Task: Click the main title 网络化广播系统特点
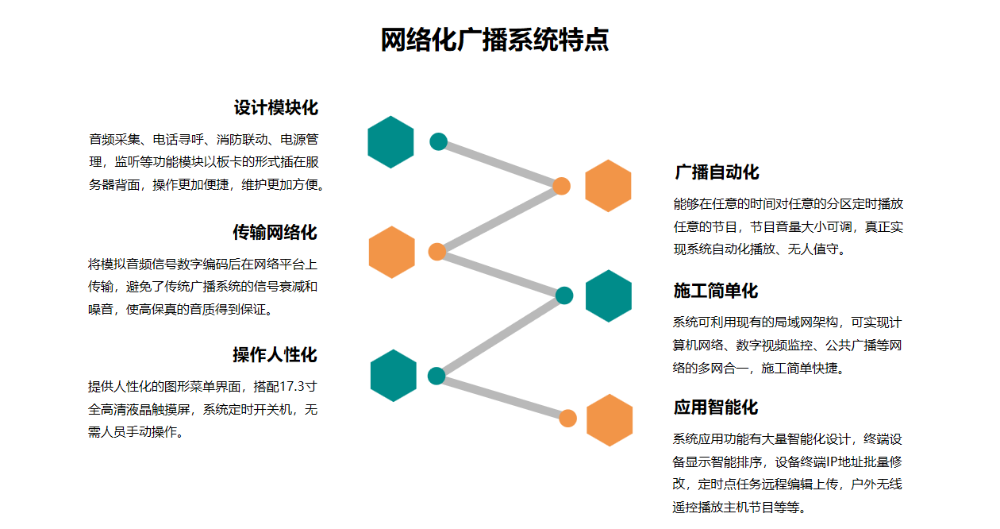click(x=494, y=40)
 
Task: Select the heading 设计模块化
click(x=275, y=108)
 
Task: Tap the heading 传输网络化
click(x=275, y=232)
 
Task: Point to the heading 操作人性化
click(x=275, y=354)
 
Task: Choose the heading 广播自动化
click(x=717, y=172)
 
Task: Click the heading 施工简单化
click(x=716, y=291)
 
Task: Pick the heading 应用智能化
click(x=716, y=407)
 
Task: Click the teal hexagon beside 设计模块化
click(x=391, y=142)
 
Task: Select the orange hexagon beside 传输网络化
click(x=392, y=252)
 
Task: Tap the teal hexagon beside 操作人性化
click(x=394, y=376)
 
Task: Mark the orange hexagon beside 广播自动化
click(x=608, y=186)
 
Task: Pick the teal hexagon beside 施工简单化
click(x=609, y=296)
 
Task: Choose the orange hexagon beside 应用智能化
click(x=610, y=419)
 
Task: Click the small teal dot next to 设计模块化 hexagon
click(x=439, y=142)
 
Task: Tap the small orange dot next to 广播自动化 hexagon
click(x=562, y=186)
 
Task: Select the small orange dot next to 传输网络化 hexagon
click(x=437, y=252)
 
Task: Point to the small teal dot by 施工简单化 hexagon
click(x=564, y=295)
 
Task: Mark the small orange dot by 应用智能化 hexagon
click(x=567, y=419)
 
